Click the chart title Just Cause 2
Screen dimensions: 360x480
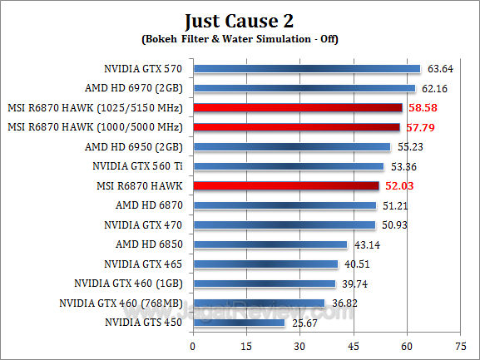pos(240,19)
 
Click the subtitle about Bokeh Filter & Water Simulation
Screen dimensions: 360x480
pos(240,38)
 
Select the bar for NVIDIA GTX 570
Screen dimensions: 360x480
pos(306,69)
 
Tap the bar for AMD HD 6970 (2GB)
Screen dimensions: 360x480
pos(304,88)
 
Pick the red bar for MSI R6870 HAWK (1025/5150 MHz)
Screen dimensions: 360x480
pos(297,108)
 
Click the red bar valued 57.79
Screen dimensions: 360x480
pos(296,127)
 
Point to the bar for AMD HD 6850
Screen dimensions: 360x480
pos(270,244)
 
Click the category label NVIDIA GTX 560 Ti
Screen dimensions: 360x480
pos(147,166)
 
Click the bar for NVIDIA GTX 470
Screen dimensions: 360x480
pos(284,224)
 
